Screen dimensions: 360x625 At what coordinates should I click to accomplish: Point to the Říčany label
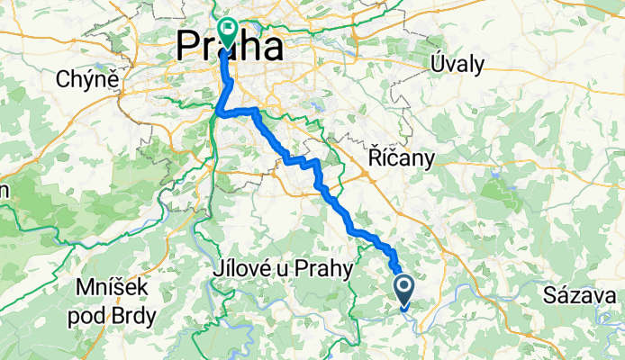402,158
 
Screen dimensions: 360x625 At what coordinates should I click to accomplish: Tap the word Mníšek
110,289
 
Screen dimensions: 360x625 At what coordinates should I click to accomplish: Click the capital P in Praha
191,45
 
